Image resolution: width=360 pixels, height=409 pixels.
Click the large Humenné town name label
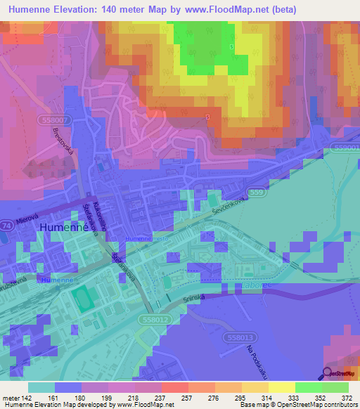63,228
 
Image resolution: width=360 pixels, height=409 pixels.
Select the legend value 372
345,397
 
